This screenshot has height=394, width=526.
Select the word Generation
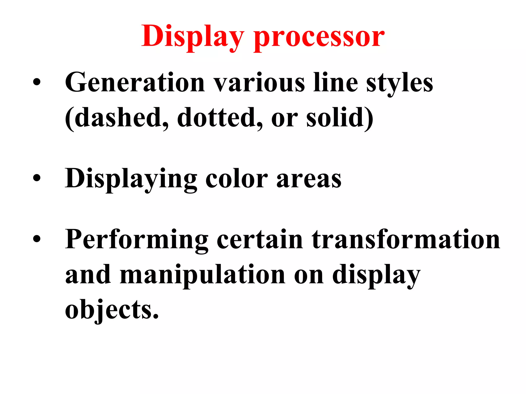click(135, 83)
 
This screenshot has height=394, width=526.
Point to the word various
click(259, 83)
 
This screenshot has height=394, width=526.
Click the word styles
click(399, 83)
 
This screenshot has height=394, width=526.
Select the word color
click(237, 179)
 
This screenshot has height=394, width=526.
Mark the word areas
click(309, 179)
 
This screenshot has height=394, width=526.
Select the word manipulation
click(202, 275)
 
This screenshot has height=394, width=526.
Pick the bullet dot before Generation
click(37, 82)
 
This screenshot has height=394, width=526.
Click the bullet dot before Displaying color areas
click(37, 178)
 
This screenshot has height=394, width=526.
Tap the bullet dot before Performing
click(37, 239)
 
